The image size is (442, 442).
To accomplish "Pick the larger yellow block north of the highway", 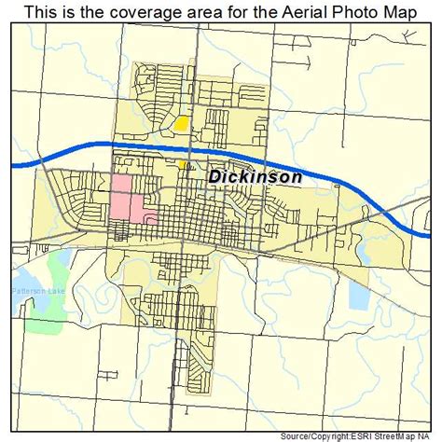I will tap(181, 122).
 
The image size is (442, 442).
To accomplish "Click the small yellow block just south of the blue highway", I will tap(183, 162).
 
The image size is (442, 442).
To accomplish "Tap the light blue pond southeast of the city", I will tap(358, 291).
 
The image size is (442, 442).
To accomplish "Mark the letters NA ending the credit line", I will tap(431, 435).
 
